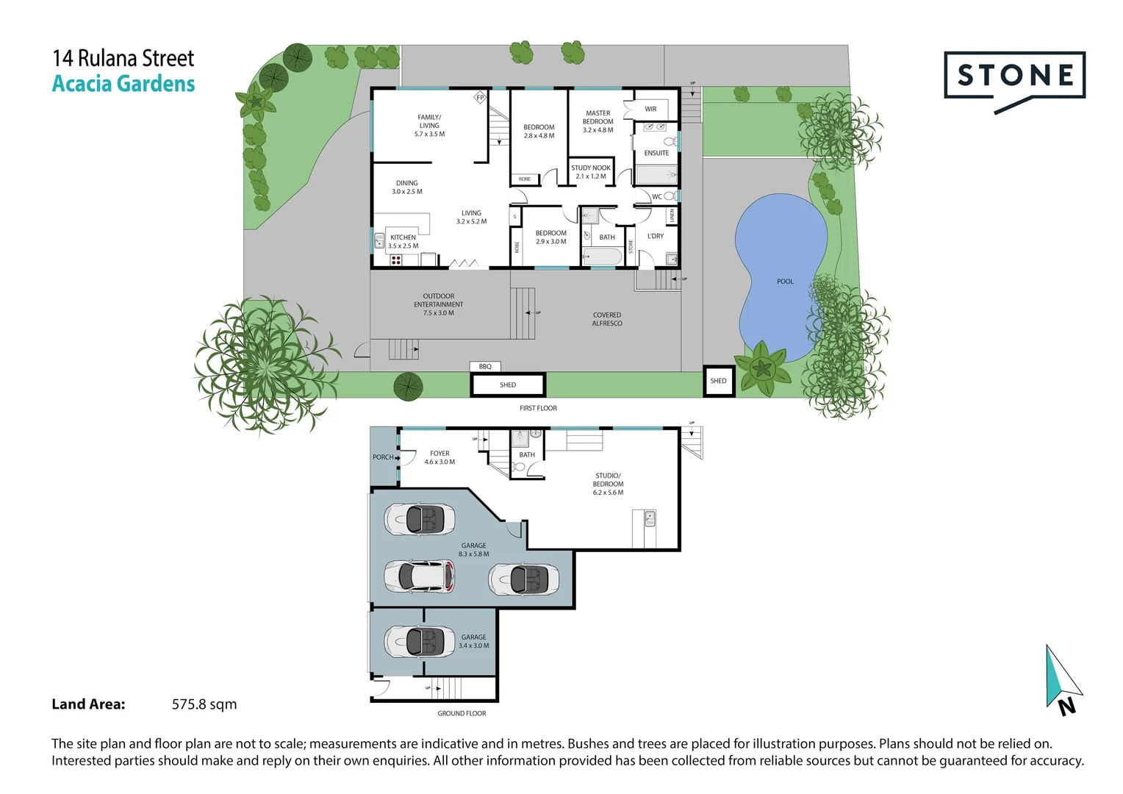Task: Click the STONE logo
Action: (1014, 76)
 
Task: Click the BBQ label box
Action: (485, 366)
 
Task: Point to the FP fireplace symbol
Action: (480, 97)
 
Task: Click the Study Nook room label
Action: (591, 172)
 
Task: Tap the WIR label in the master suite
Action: (650, 109)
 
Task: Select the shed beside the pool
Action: (718, 381)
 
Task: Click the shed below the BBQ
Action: (508, 385)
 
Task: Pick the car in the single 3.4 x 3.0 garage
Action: (420, 642)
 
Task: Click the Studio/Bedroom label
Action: (608, 484)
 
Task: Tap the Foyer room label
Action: (439, 457)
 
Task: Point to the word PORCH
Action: (383, 457)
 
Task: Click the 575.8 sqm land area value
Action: (204, 704)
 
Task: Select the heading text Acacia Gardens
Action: (123, 84)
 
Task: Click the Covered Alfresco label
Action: (607, 319)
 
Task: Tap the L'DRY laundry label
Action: (655, 236)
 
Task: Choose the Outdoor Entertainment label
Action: (439, 304)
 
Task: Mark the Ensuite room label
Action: (656, 153)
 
